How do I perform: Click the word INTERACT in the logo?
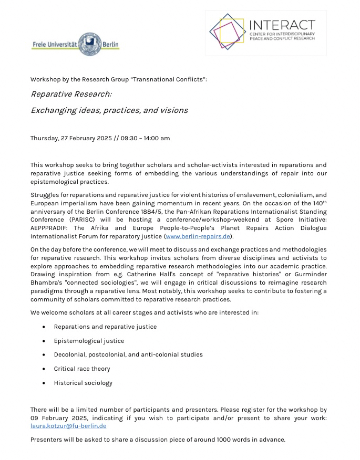(282, 25)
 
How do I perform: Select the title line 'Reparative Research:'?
(71, 94)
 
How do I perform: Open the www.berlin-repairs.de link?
(198, 236)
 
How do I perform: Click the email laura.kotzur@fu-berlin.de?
(68, 425)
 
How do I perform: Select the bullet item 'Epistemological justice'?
(89, 341)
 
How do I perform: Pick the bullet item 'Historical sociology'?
(83, 383)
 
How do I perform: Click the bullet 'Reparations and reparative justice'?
(105, 327)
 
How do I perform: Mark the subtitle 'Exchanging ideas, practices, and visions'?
(109, 110)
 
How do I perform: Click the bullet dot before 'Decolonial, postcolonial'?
(44, 355)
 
